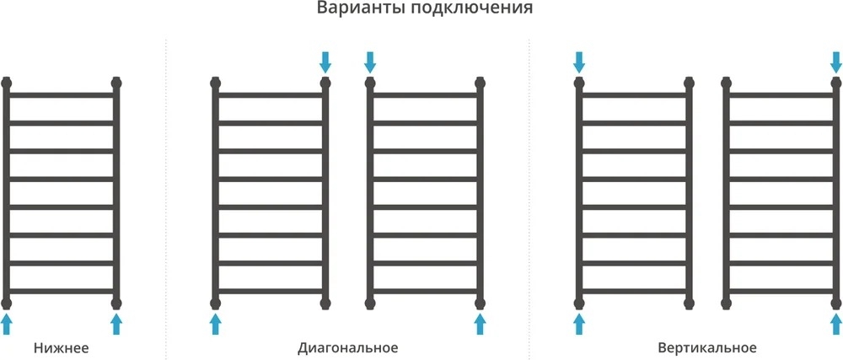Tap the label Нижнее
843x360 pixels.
pyautogui.click(x=61, y=347)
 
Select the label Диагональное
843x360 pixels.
pyautogui.click(x=348, y=348)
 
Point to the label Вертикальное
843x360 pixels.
pyautogui.click(x=707, y=348)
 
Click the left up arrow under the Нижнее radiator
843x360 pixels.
pyautogui.click(x=6, y=325)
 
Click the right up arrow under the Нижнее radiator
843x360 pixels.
pyautogui.click(x=116, y=325)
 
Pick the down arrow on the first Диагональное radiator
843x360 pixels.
pyautogui.click(x=325, y=62)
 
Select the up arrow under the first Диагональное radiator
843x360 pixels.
pyautogui.click(x=215, y=325)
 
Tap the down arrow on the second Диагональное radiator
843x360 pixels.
pyautogui.click(x=370, y=62)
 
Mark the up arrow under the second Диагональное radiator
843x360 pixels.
pyautogui.click(x=481, y=325)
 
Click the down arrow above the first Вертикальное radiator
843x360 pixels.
pyautogui.click(x=578, y=62)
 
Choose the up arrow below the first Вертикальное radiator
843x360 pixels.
pyautogui.click(x=578, y=325)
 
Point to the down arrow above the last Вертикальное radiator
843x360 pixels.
pyautogui.click(x=836, y=62)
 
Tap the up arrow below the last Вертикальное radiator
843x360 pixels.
pyautogui.click(x=836, y=325)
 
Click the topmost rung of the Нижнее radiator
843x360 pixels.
pyautogui.click(x=61, y=95)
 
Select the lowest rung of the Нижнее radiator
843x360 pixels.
pyautogui.click(x=61, y=291)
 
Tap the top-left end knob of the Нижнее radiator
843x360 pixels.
pyautogui.click(x=6, y=83)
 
